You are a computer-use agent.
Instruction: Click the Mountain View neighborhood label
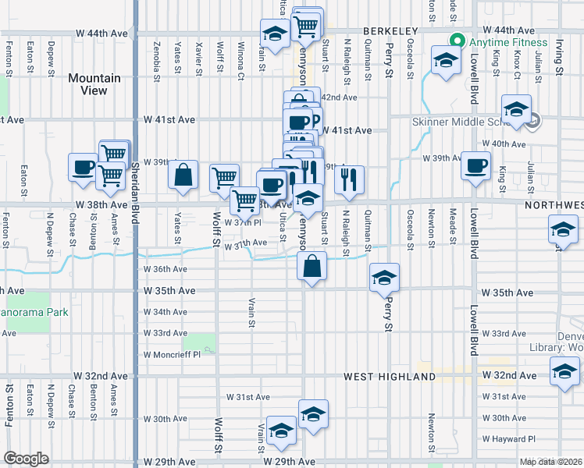click(94, 84)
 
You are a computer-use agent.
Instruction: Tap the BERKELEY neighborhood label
click(390, 30)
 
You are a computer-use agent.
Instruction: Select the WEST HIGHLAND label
click(390, 377)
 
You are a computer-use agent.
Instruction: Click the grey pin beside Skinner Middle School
click(534, 121)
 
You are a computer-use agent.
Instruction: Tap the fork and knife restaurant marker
click(350, 179)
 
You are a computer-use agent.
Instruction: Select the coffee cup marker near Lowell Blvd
click(475, 166)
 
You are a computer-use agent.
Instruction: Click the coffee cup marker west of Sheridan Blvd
click(84, 167)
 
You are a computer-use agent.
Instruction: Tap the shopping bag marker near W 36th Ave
click(312, 266)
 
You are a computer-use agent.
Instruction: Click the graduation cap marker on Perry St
click(383, 278)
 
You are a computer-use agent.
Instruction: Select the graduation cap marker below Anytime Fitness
click(444, 60)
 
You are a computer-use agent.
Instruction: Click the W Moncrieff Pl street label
click(172, 354)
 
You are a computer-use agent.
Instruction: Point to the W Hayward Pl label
click(509, 439)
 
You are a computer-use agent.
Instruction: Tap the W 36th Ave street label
click(165, 270)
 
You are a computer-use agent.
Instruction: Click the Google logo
click(26, 458)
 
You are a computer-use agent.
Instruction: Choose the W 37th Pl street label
click(242, 222)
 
